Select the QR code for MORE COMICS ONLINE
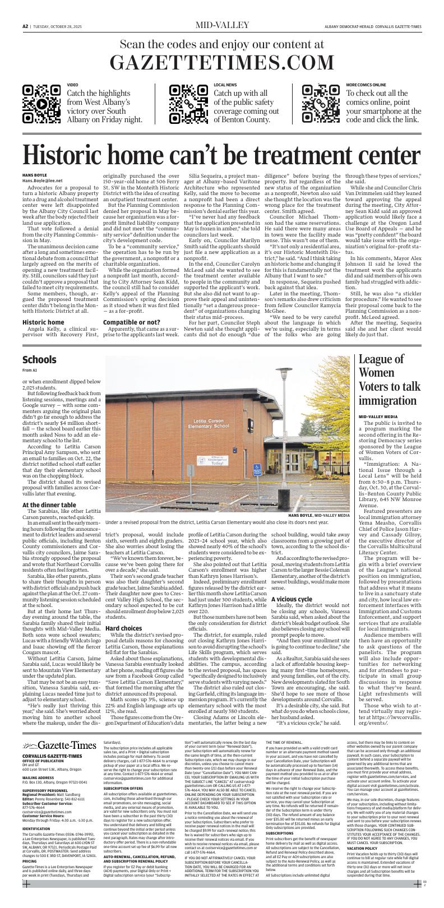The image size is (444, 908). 321,104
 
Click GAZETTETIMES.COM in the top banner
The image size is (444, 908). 222,63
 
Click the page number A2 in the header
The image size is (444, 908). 25,26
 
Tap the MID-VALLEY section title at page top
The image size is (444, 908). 222,25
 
